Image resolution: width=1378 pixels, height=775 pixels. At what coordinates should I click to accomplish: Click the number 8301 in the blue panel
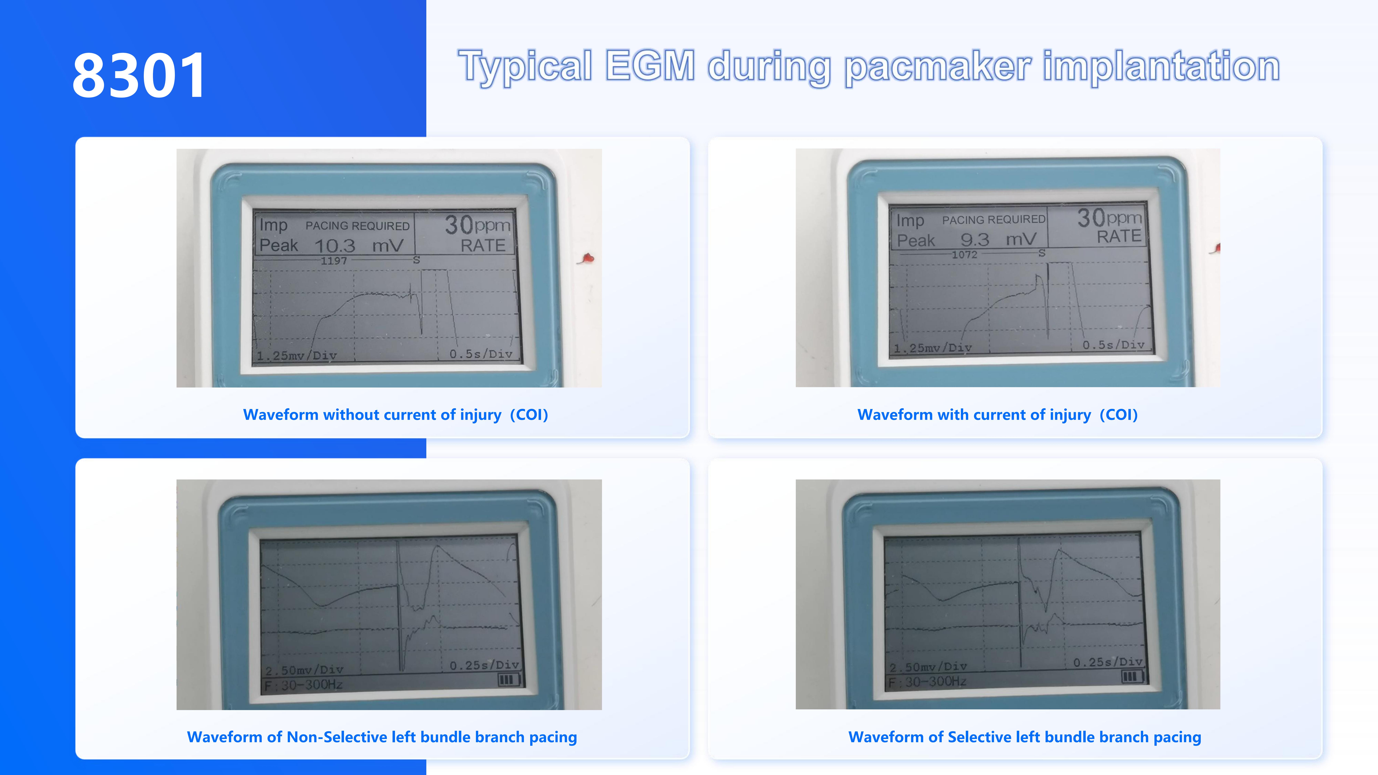click(x=138, y=75)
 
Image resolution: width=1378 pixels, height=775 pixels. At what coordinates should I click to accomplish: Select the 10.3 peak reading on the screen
click(x=335, y=245)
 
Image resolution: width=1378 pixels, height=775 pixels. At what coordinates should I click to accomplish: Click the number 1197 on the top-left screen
click(x=334, y=261)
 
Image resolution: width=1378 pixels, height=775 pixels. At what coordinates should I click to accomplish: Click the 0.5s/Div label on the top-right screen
click(x=1113, y=345)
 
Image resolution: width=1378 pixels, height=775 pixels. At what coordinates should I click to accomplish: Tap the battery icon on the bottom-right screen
click(x=1131, y=677)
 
